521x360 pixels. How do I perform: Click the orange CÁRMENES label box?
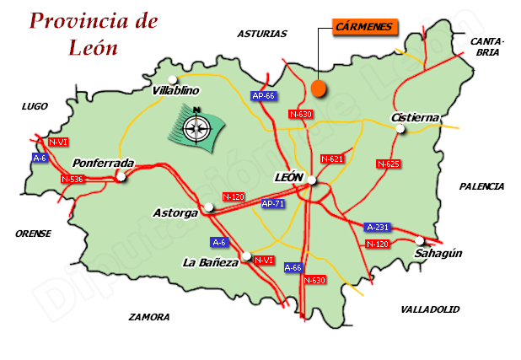(x=363, y=27)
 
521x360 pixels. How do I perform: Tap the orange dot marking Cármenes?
(x=318, y=88)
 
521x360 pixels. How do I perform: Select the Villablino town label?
(x=175, y=90)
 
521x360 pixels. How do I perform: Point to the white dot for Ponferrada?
(x=121, y=177)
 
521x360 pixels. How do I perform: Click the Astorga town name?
(x=176, y=213)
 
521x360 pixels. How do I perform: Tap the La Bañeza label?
(x=210, y=262)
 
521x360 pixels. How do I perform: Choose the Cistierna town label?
(x=416, y=118)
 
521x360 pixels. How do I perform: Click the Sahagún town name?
(x=438, y=253)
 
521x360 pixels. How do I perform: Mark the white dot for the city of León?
(x=312, y=180)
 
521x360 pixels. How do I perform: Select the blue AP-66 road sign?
(x=264, y=96)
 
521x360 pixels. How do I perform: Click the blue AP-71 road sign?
(x=272, y=204)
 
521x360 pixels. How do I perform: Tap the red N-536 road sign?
(x=73, y=179)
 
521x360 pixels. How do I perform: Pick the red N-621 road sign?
(x=332, y=159)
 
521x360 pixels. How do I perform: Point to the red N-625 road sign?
(x=388, y=164)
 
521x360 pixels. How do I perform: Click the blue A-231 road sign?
(x=377, y=228)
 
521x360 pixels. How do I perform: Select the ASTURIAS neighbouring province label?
(x=262, y=35)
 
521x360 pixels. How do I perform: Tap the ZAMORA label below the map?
(x=149, y=317)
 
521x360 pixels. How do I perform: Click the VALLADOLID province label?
(x=431, y=309)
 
